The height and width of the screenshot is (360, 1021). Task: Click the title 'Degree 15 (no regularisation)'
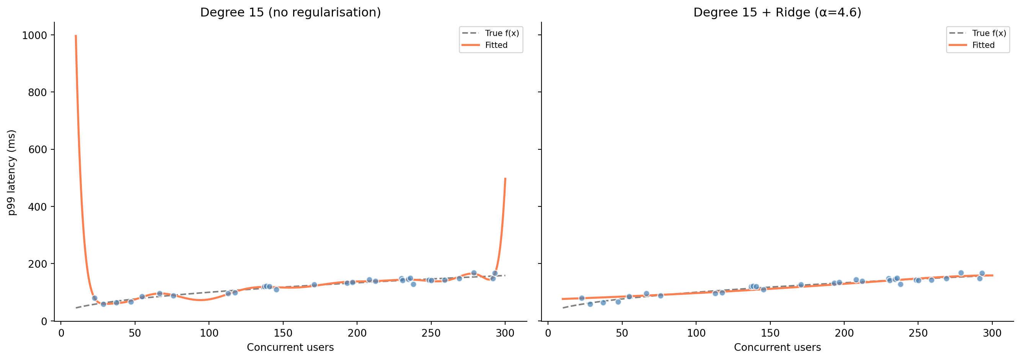(x=290, y=13)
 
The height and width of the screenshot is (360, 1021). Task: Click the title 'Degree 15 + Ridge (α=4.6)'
(x=777, y=13)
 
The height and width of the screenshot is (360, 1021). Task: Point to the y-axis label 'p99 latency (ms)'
(x=12, y=172)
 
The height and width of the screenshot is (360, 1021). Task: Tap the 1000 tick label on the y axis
(x=34, y=36)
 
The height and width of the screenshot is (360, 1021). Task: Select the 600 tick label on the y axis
(x=38, y=150)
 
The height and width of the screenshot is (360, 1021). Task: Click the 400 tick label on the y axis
(x=38, y=207)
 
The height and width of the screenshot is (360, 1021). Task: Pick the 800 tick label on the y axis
(x=38, y=93)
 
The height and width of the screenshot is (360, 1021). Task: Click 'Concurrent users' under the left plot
(x=290, y=348)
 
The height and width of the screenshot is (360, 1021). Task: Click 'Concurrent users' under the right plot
(x=777, y=348)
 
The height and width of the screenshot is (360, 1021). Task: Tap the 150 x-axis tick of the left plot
(x=283, y=334)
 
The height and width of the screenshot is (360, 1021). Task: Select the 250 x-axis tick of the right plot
(x=918, y=334)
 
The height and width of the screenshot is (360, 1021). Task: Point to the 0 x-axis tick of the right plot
(x=548, y=334)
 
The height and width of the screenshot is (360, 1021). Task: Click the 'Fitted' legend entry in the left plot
(x=496, y=45)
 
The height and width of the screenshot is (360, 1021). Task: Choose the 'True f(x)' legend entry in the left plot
(x=502, y=33)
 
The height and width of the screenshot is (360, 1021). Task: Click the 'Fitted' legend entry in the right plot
(x=983, y=45)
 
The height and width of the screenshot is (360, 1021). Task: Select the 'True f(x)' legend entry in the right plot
(x=989, y=33)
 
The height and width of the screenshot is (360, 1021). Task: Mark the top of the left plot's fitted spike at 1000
(x=76, y=36)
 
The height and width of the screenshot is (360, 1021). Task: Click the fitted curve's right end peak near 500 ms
(x=506, y=178)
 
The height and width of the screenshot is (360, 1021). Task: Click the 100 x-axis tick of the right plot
(x=696, y=334)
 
